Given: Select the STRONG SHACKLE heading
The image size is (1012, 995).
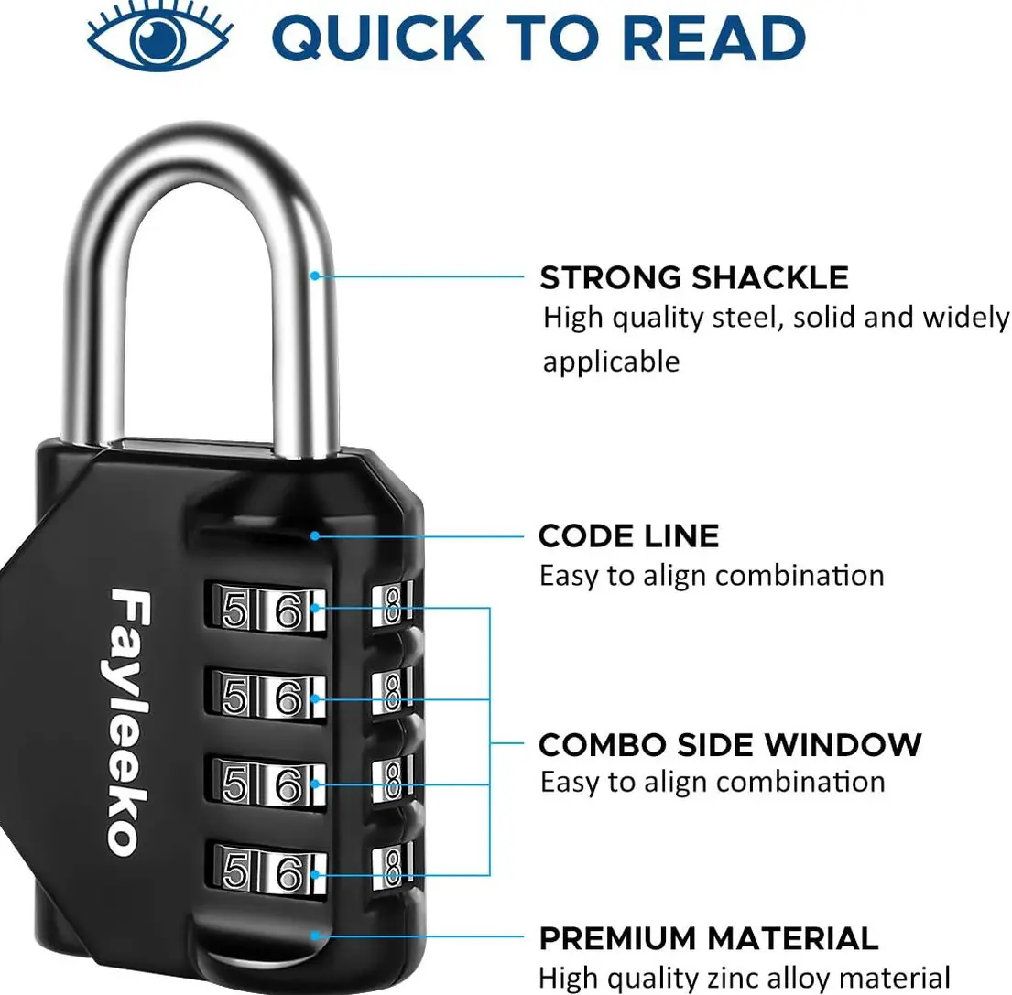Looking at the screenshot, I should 693,276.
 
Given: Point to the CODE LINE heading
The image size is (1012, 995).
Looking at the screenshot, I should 628,535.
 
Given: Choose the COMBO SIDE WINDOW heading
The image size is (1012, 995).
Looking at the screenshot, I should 729,744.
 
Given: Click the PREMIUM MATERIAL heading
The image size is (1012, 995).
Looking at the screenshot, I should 708,938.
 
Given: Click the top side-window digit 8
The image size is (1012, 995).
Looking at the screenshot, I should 392,607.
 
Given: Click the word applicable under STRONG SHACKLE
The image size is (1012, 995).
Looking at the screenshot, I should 611,362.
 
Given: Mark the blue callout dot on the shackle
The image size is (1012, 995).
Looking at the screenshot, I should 315,275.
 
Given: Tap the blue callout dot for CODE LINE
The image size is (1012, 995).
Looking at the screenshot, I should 315,535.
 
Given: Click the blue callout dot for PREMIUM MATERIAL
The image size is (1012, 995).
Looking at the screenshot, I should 315,935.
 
